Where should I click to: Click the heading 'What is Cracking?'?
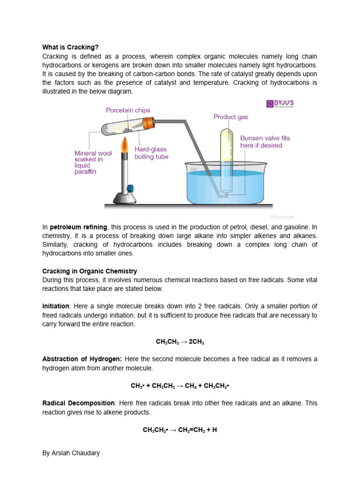(71, 47)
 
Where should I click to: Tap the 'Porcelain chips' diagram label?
(128, 110)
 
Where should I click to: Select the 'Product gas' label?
(231, 117)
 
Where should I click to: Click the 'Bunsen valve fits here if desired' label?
(265, 142)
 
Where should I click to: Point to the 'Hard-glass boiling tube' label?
(151, 153)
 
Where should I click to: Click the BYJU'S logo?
(280, 104)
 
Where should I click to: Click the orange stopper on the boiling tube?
(149, 123)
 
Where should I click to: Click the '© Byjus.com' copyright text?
(282, 217)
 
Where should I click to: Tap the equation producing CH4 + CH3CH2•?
(180, 386)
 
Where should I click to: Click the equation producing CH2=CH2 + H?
(180, 429)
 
